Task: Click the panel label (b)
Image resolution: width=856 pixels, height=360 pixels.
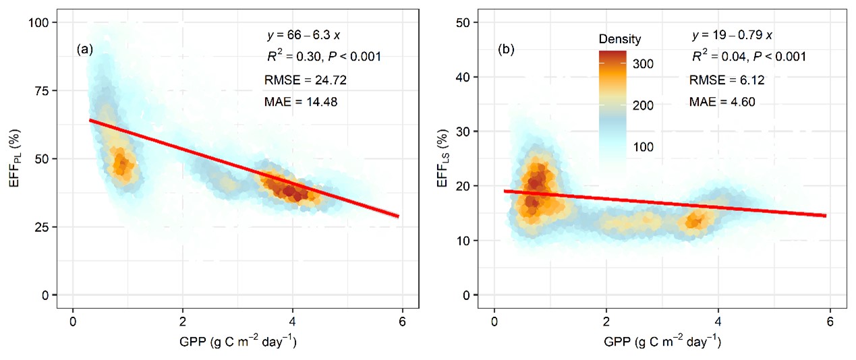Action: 507,49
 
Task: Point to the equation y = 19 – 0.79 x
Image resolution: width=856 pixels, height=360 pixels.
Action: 731,34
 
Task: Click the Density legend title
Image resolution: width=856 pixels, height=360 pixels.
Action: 619,39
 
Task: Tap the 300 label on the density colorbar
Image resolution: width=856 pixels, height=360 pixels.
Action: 642,64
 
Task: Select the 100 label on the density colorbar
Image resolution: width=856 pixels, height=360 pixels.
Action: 642,147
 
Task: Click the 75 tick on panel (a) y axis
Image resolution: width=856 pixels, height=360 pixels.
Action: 51,91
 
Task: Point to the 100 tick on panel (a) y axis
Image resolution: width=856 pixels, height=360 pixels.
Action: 48,22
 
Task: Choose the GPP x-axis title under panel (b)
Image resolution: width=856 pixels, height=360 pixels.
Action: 652,342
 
